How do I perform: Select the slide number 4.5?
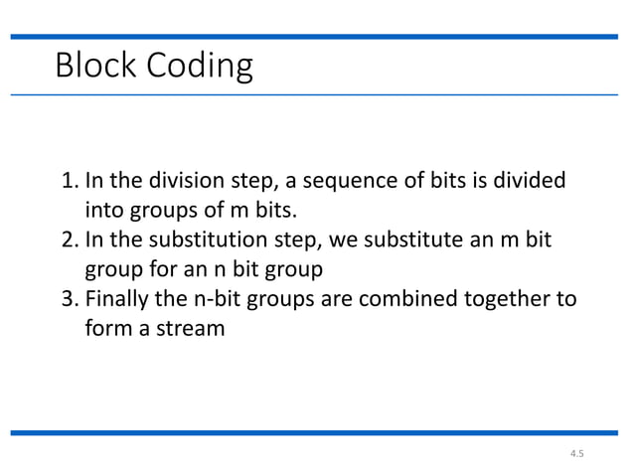pos(577,455)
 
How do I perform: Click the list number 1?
pos(70,183)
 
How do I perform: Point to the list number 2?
pos(70,241)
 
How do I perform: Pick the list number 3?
pos(70,300)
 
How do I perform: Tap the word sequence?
pos(329,183)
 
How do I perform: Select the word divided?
pos(530,183)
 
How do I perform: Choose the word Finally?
pos(118,300)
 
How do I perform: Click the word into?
pos(102,212)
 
